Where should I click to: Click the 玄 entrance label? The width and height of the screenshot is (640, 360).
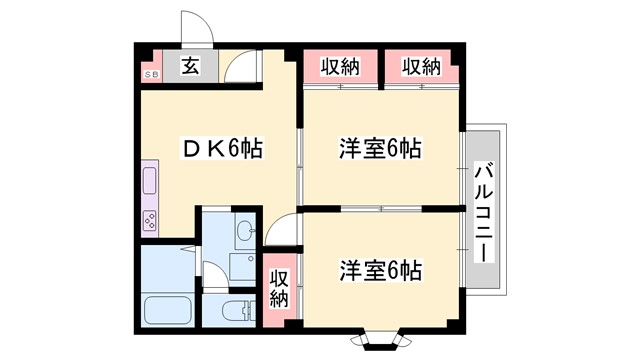pos(190,68)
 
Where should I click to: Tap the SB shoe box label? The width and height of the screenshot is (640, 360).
pos(152,75)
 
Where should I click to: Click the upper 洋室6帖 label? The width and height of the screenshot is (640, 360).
pos(380,150)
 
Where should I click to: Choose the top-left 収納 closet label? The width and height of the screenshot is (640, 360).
pos(340,67)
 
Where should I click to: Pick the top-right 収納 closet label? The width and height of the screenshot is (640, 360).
pos(421,67)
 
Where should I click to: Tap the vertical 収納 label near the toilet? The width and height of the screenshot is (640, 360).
pos(279,288)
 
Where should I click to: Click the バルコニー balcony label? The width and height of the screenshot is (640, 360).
pos(483,212)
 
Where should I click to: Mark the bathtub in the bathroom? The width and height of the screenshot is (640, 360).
pos(168,309)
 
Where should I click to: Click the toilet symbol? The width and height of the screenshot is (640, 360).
pos(237,309)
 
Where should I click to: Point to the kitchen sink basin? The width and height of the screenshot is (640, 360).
pos(150,182)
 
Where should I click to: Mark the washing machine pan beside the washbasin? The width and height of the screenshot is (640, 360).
pos(242,266)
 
